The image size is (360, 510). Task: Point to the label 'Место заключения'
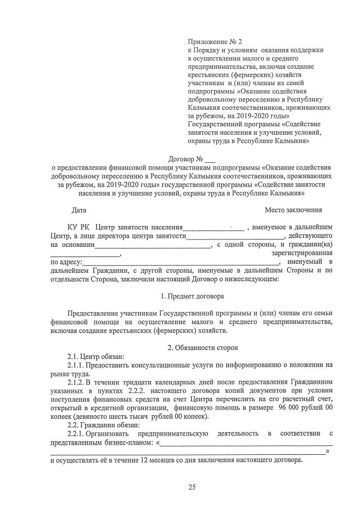tap(290, 210)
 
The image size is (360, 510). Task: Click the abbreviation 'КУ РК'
tap(78, 227)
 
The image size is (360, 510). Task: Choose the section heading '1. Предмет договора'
tap(192, 296)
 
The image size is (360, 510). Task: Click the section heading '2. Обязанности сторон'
tap(192, 348)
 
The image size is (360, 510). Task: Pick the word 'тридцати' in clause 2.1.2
tap(135, 382)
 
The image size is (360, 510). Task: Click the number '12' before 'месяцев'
tap(146, 460)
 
